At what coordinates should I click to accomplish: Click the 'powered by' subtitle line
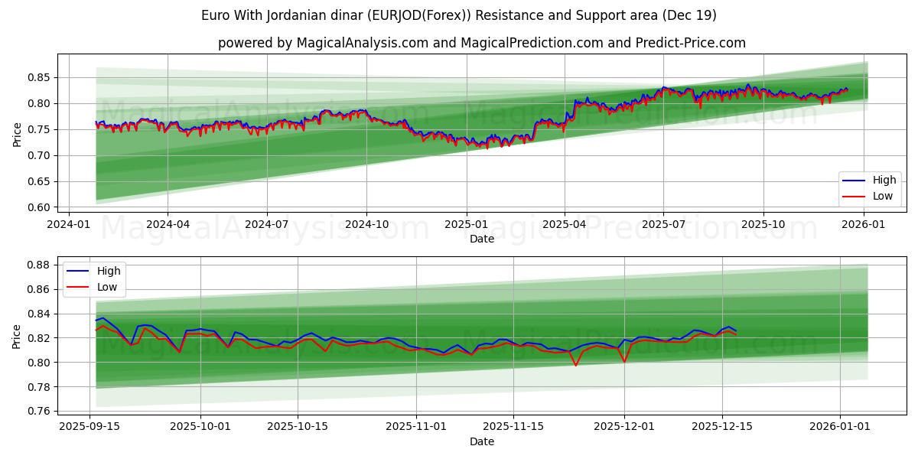[481, 43]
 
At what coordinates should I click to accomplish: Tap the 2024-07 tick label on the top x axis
[266, 225]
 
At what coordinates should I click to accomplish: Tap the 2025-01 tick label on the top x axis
[466, 225]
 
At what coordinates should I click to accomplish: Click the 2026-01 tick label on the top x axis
[864, 225]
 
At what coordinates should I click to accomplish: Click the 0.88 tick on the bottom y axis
[38, 265]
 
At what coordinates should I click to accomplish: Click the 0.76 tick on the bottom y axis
[38, 411]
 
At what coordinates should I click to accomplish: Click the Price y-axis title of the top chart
[17, 135]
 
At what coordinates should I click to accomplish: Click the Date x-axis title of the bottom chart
[481, 442]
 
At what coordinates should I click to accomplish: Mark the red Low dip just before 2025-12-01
[624, 361]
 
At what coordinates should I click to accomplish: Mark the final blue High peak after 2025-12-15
[729, 327]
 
